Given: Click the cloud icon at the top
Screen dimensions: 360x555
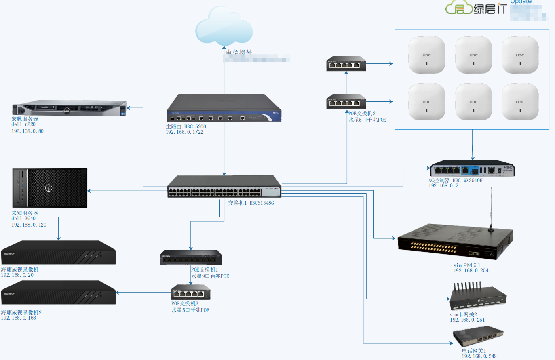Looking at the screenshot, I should [x=224, y=26].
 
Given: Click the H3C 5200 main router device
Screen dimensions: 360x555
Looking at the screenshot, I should [x=224, y=108].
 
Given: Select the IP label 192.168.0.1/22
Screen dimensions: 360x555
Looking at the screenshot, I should [x=184, y=132].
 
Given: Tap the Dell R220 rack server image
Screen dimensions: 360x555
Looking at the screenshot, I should [x=70, y=108].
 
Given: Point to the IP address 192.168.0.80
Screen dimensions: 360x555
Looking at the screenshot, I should [x=27, y=131].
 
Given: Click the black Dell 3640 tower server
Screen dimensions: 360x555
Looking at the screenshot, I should [x=50, y=188].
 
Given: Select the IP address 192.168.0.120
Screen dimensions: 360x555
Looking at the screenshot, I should [x=29, y=225].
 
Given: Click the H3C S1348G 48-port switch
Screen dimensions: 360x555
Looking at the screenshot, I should [x=224, y=187].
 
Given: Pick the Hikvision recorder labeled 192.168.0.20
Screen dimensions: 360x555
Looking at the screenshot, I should [x=58, y=253].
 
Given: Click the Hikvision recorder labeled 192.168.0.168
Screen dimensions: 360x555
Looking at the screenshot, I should [x=58, y=293].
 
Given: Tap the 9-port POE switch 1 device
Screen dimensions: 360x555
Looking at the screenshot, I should [x=191, y=258].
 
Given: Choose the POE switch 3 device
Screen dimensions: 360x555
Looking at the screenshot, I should [x=190, y=292].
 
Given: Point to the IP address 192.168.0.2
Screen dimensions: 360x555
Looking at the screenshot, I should [x=443, y=186].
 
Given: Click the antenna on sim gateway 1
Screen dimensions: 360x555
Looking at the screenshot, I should [x=491, y=210].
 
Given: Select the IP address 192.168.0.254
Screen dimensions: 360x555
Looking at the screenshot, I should [x=471, y=271].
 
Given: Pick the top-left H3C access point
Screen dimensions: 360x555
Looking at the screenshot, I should [x=426, y=55].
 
